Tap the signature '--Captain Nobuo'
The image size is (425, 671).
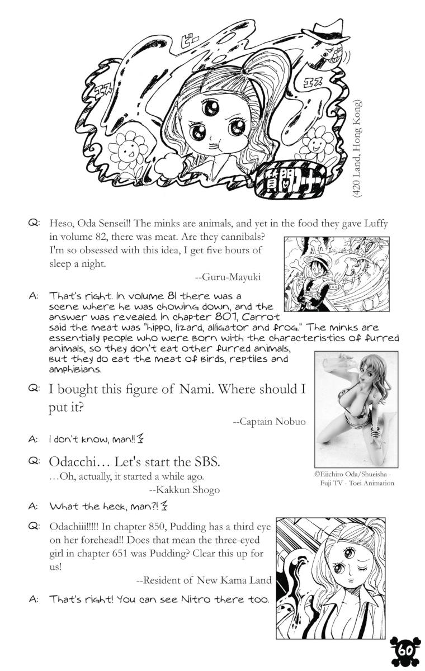[x=269, y=421]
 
